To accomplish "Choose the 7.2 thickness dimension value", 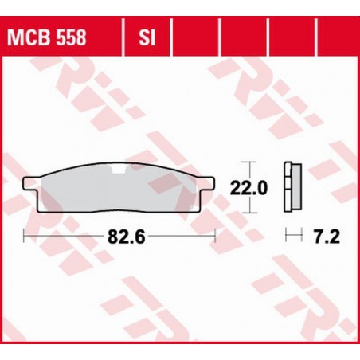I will [326, 236].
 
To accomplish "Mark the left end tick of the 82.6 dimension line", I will [25, 236].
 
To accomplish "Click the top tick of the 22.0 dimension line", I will [253, 166].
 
